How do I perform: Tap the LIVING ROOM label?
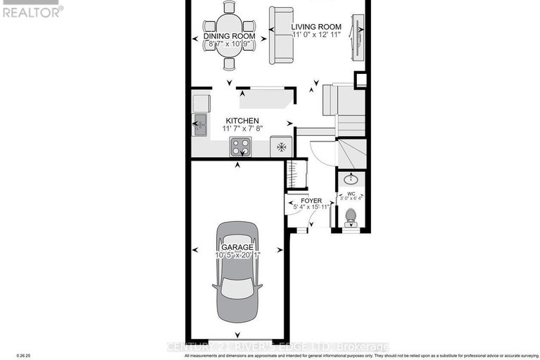316,27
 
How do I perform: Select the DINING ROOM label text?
229,36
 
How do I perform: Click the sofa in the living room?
282,35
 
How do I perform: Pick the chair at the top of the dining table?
229,8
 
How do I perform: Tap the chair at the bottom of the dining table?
229,64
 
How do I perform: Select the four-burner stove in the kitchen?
240,147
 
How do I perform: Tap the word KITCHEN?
241,120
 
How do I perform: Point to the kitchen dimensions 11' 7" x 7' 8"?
241,129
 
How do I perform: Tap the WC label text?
350,193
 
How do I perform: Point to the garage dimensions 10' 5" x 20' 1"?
237,255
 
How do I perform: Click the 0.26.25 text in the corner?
11,356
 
